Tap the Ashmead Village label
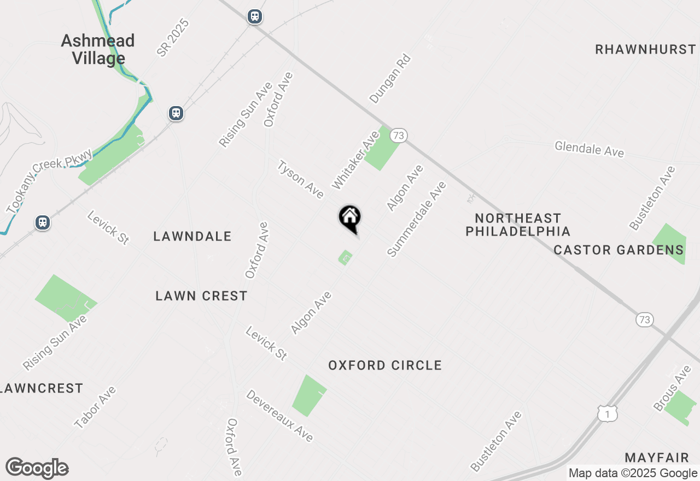[x=98, y=49]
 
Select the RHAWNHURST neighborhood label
[x=645, y=49]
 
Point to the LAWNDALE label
[x=192, y=236]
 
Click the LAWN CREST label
[x=201, y=296]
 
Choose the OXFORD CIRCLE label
[x=385, y=365]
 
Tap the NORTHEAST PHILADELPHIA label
[x=517, y=225]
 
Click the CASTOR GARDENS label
[x=619, y=250]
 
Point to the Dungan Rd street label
[x=390, y=78]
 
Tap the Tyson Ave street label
[x=301, y=179]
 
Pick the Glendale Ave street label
[x=589, y=149]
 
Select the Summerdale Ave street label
[x=417, y=219]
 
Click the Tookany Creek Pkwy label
[x=49, y=180]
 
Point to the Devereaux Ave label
[x=279, y=415]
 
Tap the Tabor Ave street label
[x=95, y=407]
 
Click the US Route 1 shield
[x=607, y=415]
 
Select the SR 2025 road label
[x=172, y=38]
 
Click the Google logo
[x=37, y=468]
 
